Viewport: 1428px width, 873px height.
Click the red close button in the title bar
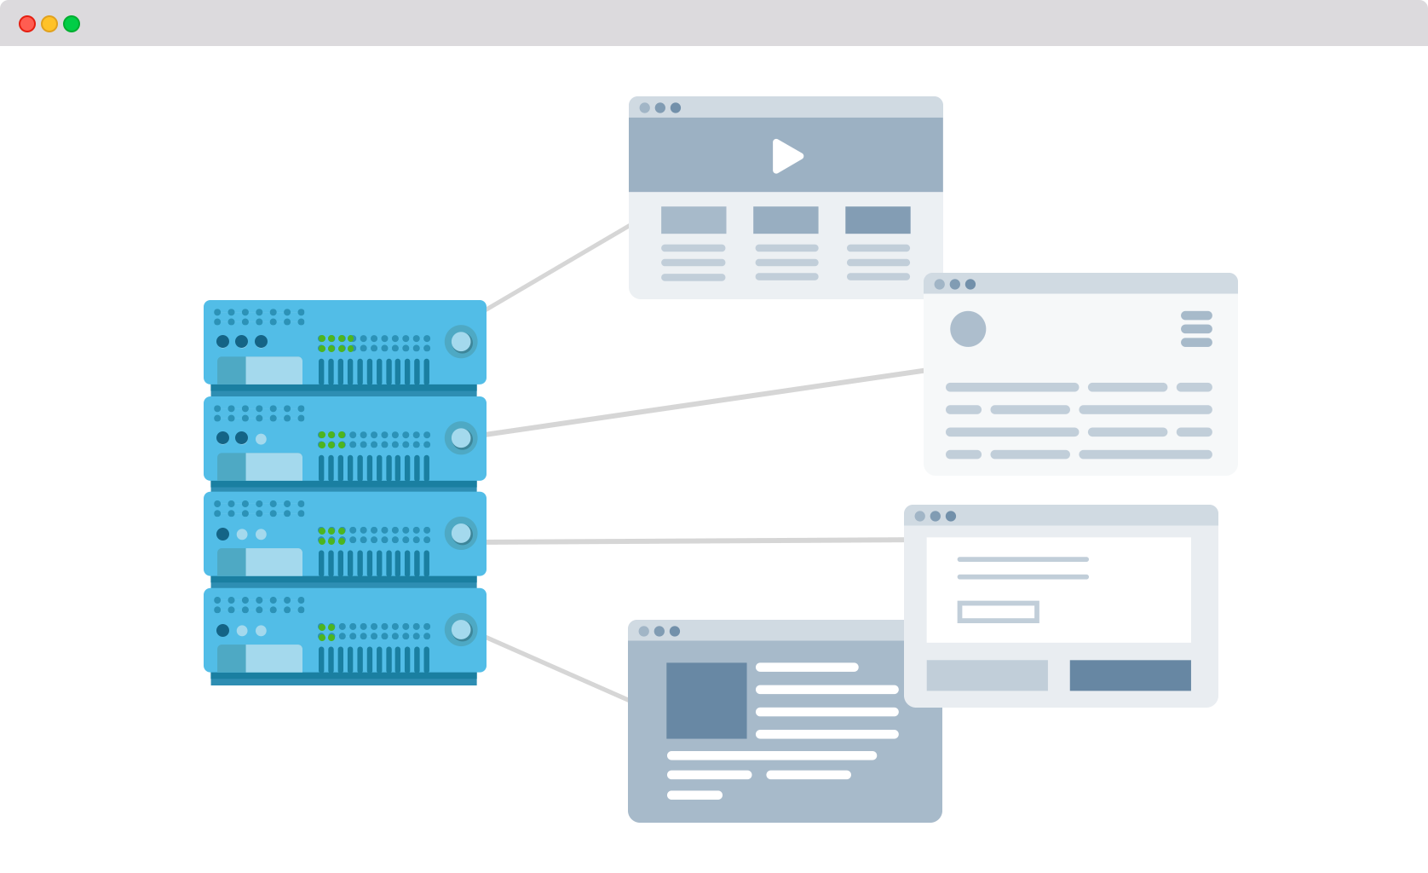[27, 24]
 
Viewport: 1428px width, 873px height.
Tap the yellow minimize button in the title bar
[49, 24]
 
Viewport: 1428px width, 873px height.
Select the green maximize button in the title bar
[72, 24]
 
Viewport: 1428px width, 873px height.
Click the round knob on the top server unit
[461, 342]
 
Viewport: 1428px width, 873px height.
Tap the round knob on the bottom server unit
[461, 630]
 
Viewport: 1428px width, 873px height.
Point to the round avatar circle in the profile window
[968, 329]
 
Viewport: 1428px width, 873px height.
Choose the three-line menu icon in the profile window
[1196, 329]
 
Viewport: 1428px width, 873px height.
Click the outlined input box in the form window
[998, 611]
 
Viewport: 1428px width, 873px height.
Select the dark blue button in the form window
[1130, 675]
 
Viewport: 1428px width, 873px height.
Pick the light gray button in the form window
[987, 675]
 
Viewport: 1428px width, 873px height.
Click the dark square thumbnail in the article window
[706, 700]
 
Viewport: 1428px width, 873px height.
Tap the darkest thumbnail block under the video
[878, 220]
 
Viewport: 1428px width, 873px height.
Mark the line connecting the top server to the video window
[558, 267]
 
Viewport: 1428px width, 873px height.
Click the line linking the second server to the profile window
[705, 403]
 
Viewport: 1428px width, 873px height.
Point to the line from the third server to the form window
[694, 541]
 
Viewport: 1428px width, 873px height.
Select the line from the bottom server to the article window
[557, 669]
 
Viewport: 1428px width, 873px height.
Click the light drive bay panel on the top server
[273, 371]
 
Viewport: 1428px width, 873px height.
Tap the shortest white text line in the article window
[694, 795]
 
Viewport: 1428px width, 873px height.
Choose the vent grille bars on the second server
[373, 467]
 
